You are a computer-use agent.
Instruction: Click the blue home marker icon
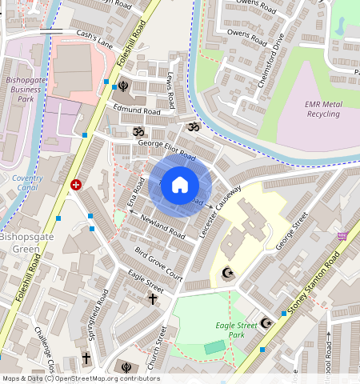pos(180,185)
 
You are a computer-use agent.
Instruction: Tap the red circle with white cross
pos(76,184)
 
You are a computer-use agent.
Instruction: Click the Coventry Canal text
pos(28,182)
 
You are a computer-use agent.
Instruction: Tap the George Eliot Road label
pos(166,149)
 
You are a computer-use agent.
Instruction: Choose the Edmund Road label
pos(137,110)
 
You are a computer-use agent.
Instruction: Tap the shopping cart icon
pos(343,236)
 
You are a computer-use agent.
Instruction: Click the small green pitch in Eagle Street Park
pos(214,347)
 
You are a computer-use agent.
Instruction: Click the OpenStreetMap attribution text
pos(80,378)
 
